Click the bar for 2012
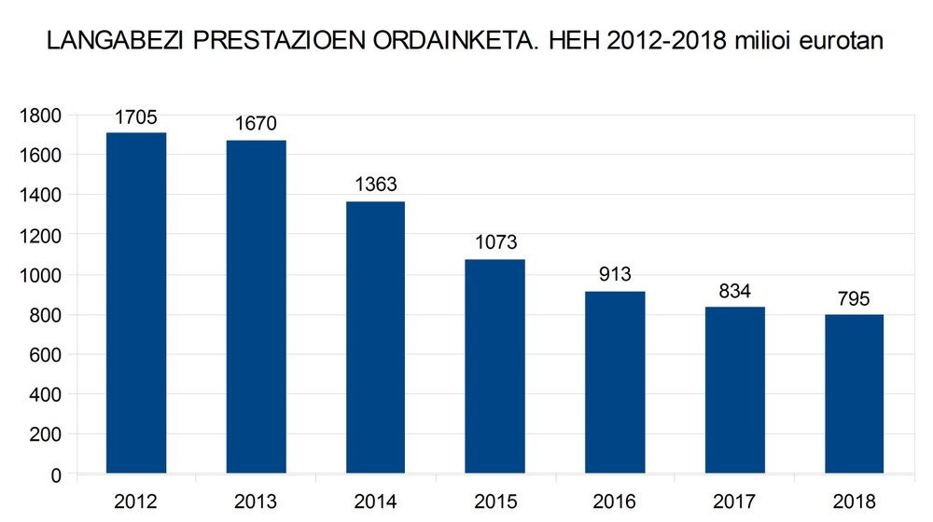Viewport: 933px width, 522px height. [136, 303]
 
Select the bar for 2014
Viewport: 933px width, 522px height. [375, 337]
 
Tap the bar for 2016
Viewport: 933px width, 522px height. [615, 382]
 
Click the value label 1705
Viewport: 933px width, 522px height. [136, 117]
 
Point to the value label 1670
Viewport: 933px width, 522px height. [256, 124]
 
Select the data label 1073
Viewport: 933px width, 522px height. [494, 242]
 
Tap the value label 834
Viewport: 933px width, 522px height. [734, 291]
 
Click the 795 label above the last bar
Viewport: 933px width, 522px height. [854, 299]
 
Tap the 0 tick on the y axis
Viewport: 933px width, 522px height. [56, 474]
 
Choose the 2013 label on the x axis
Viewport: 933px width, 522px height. [256, 502]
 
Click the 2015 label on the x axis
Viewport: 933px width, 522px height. [494, 502]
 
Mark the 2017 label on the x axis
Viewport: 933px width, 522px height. [734, 502]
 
